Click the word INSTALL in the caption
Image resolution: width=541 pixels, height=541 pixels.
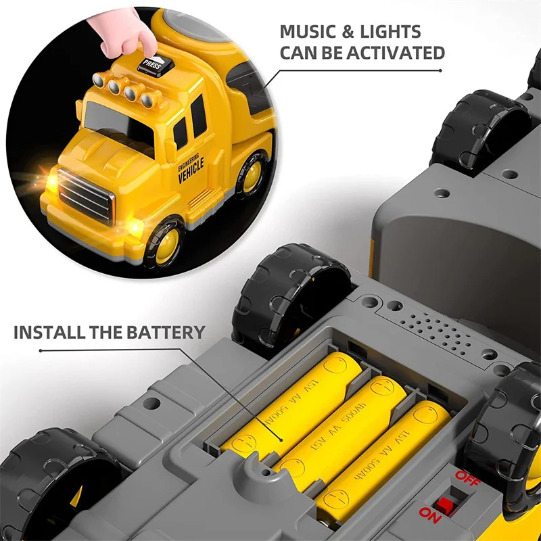pos(49,332)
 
